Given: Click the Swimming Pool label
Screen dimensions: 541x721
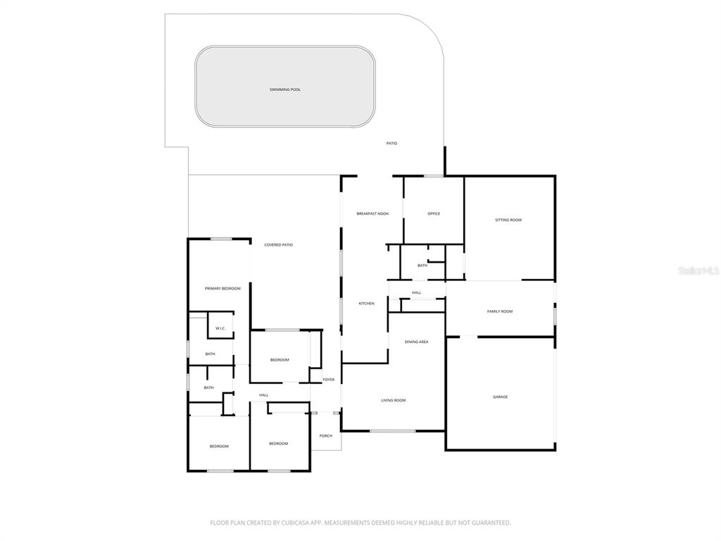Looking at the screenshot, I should point(285,89).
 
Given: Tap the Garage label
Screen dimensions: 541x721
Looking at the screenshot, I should point(500,397).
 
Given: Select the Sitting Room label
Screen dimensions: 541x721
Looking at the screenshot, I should point(508,220).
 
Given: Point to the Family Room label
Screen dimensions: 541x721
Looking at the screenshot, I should point(500,311).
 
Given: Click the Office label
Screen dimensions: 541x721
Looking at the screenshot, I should point(434,213).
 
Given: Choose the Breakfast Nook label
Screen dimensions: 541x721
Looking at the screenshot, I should point(372,213).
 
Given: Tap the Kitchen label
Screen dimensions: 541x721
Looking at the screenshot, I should point(366,304).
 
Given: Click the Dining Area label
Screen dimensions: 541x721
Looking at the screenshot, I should point(416,342).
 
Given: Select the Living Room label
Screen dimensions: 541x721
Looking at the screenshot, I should point(394,400).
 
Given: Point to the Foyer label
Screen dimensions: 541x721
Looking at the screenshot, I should point(329,380).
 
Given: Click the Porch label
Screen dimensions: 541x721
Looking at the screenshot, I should point(326,435).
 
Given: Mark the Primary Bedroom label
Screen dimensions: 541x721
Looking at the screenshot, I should point(222,288).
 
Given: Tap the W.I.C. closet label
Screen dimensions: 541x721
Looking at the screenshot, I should point(220,328).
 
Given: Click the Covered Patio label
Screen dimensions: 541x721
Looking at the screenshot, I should point(278,244).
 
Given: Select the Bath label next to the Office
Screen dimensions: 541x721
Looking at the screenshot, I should point(422,266).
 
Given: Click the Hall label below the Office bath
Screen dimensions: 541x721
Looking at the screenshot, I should point(417,292).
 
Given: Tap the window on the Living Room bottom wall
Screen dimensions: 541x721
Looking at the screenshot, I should point(392,430).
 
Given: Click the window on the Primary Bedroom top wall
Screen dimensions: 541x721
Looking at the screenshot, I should point(221,239).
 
